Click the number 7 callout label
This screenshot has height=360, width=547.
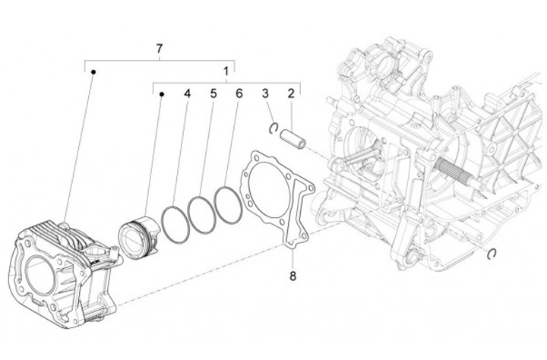pos(160,49)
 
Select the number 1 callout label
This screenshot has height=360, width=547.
pos(226,73)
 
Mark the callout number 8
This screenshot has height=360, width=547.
pos(292,276)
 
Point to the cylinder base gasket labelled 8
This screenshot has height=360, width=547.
pos(278,197)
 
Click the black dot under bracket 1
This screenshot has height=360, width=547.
pos(161,95)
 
